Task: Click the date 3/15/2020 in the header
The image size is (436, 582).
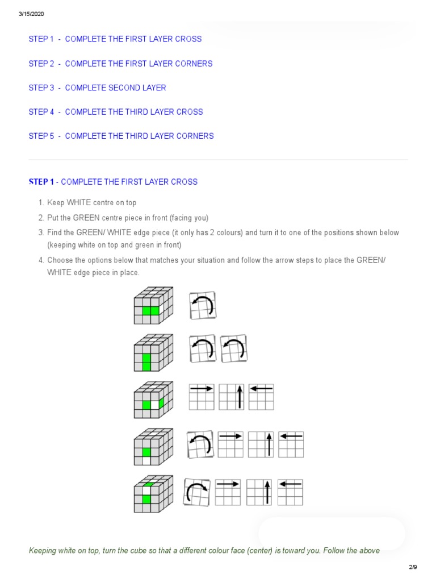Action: (31, 14)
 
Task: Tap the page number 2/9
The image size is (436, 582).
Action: (413, 567)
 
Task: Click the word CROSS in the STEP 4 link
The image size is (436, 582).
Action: (189, 112)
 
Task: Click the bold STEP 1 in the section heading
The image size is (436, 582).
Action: (41, 182)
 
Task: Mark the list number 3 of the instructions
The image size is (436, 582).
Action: (41, 233)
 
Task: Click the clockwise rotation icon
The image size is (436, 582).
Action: (196, 492)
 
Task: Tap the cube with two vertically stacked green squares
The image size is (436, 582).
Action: (153, 351)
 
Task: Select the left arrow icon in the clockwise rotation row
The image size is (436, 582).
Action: (290, 492)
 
